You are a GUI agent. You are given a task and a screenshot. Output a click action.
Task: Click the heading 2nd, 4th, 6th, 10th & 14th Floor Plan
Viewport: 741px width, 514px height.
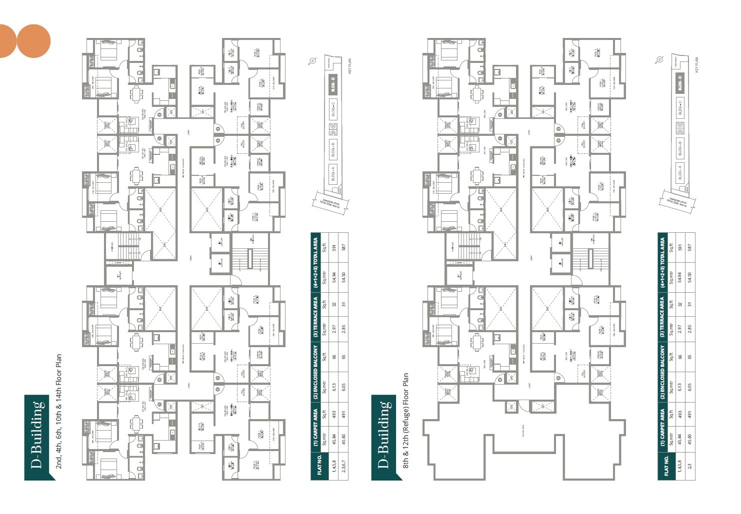(x=58, y=412)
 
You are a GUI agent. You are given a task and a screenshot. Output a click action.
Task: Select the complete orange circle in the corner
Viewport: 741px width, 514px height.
(x=33, y=41)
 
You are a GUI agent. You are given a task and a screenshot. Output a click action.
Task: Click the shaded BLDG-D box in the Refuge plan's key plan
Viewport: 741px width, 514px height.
(x=679, y=83)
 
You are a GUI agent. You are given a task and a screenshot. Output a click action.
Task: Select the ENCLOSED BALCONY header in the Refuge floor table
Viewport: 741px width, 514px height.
(x=662, y=372)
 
